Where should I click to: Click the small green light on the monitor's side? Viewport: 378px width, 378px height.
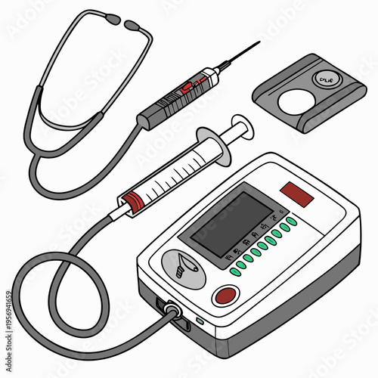click(200, 321)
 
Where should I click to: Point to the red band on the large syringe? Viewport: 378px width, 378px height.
click(133, 202)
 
